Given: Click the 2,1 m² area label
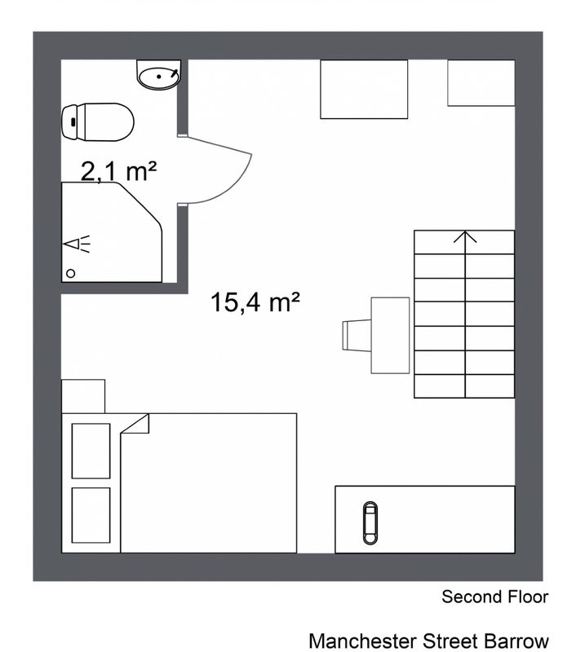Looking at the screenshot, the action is coord(118,171).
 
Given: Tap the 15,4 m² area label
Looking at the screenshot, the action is coord(255,302).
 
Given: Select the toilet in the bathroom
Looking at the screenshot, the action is coord(98,122).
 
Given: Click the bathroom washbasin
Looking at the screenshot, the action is coord(158,75).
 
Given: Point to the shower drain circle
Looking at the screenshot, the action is coord(71,273).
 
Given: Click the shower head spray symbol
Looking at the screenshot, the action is coord(77,244).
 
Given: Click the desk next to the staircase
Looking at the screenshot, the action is coord(390,335).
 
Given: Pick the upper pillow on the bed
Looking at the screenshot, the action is coord(91,451).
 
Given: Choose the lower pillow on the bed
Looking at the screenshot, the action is coord(91,515).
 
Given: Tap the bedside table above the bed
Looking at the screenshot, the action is coord(83,396).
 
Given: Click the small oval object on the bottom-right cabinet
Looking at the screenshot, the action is coord(370,522).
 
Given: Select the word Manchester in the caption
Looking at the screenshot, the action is coord(362,641).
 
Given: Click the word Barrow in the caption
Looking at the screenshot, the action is coord(517,641).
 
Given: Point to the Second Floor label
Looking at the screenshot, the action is coord(495,597).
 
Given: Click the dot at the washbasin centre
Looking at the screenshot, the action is coord(158,77).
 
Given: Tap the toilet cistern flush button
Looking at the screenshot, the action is coord(73,121).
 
